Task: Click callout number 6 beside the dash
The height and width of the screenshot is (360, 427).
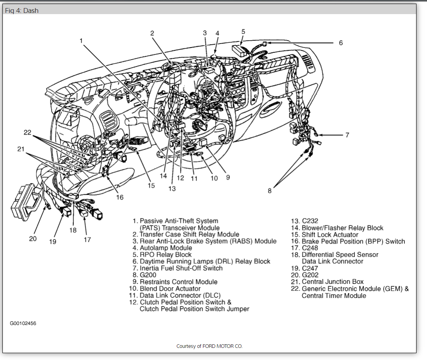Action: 341,43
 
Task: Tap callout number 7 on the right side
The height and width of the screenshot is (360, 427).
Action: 347,135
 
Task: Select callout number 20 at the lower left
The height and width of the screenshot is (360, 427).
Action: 33,238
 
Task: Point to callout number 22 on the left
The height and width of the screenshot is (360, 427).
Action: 27,132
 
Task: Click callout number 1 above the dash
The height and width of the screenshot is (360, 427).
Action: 81,40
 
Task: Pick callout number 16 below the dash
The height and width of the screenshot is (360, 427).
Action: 119,197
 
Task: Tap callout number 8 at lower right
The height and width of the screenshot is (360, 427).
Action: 270,191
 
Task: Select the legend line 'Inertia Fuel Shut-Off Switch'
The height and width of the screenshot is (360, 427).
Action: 181,268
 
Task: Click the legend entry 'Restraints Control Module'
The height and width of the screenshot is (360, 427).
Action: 178,282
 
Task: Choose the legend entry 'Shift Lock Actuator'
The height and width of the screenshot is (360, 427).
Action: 330,235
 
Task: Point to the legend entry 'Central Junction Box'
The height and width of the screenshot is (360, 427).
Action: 333,282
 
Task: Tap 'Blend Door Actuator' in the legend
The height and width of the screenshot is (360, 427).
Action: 170,289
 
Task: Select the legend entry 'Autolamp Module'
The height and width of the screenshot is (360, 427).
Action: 166,248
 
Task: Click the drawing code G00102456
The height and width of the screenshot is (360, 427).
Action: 23,323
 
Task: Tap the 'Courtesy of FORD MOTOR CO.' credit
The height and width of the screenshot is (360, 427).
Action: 209,346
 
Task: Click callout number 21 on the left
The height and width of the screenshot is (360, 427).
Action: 21,149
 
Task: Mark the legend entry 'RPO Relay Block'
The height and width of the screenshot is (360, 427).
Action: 165,255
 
